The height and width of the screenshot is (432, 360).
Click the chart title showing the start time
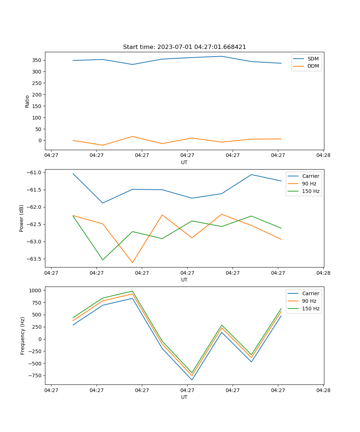184,47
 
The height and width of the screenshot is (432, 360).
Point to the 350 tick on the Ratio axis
37,60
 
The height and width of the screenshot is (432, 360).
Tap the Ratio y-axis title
27,101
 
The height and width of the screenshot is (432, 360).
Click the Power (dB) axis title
22,218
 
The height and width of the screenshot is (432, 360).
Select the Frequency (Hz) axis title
22,336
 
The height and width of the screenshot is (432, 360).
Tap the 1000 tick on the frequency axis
36,290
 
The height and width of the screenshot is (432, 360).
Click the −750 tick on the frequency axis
35,375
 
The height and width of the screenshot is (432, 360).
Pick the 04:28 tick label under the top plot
323,156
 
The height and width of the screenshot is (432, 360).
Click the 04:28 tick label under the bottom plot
323,390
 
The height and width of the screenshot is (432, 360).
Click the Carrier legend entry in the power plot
311,176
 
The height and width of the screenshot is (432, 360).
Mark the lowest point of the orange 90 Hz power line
132,262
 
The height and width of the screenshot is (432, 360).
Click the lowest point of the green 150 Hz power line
103,260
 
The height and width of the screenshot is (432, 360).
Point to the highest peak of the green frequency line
132,291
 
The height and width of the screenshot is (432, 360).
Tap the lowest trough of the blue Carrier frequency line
192,380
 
